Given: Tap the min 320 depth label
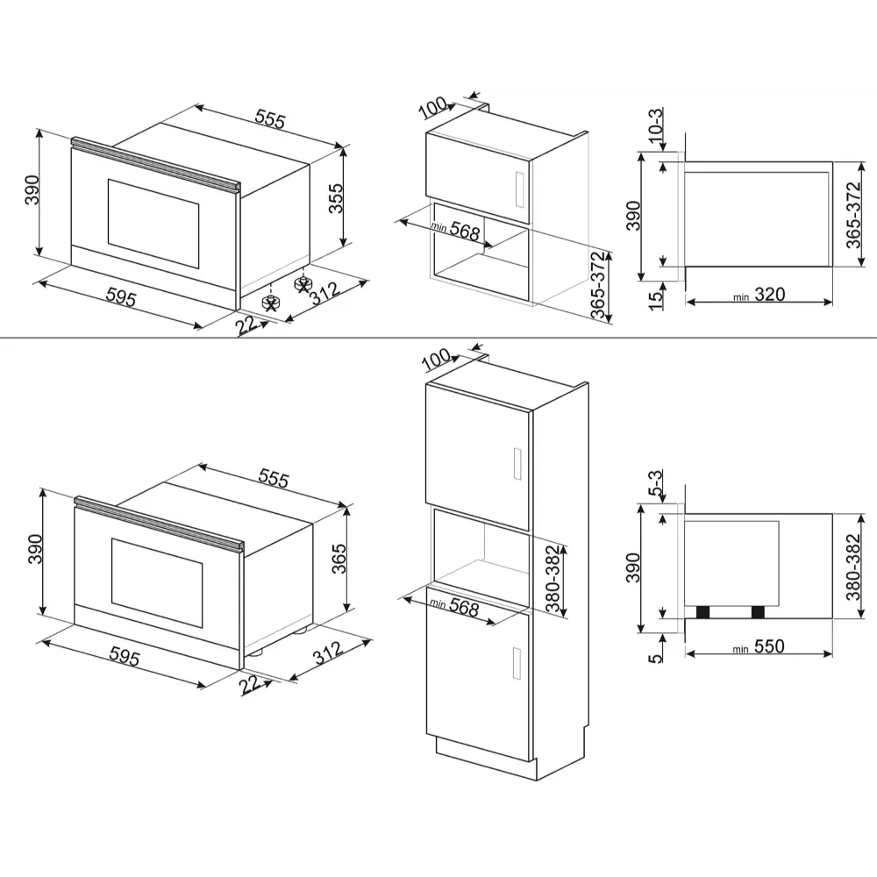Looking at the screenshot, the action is point(759,295).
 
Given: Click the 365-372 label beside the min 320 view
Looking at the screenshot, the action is point(854,216).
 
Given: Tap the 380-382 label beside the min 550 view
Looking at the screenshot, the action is point(853,567).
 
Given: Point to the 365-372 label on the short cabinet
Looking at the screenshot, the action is point(598,285).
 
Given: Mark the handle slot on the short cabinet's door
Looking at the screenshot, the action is point(518,189).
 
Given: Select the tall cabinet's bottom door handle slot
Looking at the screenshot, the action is point(517,663).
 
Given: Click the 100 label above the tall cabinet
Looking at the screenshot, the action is point(436,360).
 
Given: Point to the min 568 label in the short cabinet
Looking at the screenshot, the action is point(456,229).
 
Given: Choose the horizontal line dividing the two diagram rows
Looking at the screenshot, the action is point(438,338).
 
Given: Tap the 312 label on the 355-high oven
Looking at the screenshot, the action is point(325,294).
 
